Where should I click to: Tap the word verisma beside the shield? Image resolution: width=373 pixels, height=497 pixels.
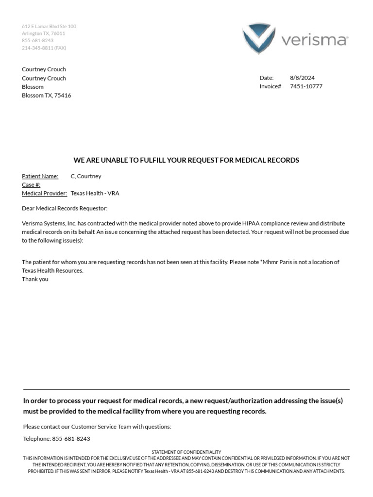click(x=315, y=40)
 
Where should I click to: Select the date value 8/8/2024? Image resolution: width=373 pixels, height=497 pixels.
click(x=302, y=78)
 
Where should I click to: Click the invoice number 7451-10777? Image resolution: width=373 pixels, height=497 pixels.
click(x=306, y=86)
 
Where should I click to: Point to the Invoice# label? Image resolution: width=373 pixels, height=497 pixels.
click(x=271, y=86)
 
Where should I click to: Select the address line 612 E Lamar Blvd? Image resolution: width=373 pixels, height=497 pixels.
click(x=49, y=26)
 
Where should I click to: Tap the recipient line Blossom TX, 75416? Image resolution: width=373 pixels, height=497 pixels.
click(x=46, y=96)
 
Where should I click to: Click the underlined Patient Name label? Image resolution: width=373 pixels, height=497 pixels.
click(x=40, y=176)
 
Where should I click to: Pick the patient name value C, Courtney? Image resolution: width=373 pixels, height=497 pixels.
click(x=86, y=176)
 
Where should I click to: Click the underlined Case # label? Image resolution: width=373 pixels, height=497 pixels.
click(x=31, y=185)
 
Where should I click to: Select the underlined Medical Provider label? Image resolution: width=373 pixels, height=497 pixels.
click(x=44, y=193)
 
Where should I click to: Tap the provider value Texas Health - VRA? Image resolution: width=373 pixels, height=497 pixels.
click(x=95, y=193)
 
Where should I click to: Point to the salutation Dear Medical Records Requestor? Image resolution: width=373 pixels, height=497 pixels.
click(x=65, y=208)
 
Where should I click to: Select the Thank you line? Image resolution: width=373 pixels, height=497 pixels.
click(x=35, y=279)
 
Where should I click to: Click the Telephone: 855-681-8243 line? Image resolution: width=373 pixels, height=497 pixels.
click(x=56, y=439)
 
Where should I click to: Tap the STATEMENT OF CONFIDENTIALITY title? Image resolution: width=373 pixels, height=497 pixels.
click(x=186, y=452)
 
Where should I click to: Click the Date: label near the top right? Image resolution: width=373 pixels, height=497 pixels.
click(x=267, y=78)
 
